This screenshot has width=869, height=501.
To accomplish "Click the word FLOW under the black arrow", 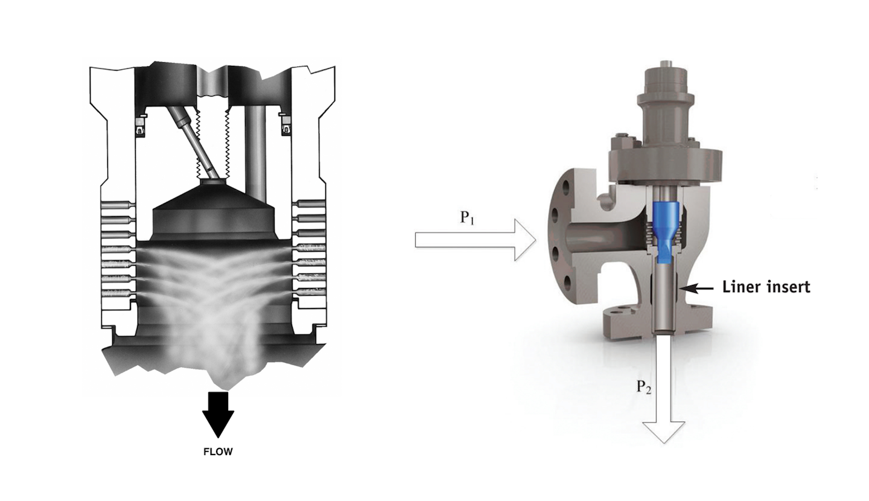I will click(x=218, y=452).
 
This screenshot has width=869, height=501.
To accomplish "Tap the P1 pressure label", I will click(x=467, y=217).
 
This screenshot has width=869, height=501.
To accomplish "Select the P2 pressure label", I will click(x=643, y=386).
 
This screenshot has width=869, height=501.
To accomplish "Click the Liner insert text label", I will click(x=766, y=287).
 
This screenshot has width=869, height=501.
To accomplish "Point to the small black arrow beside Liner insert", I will click(x=699, y=289).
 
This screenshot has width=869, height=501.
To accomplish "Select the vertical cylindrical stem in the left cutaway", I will click(x=255, y=151).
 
